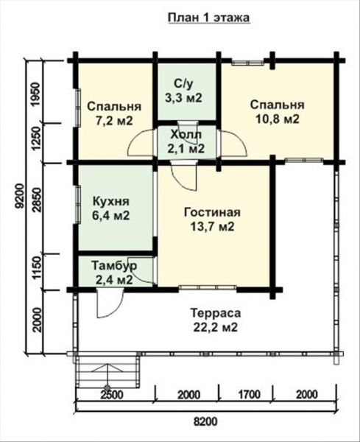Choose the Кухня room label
click(112, 201)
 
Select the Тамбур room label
click(113, 264)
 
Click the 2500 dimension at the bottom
click(111, 393)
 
